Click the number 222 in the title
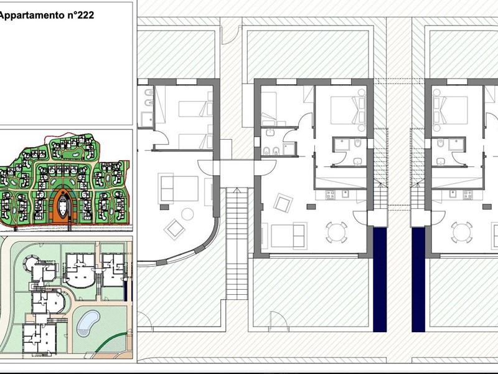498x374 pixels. pos(85,15)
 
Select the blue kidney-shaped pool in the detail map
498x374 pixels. pos(88,323)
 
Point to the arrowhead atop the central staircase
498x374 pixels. pos(237,190)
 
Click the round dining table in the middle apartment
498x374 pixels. pos(337,232)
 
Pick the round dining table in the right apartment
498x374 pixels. pos(461,232)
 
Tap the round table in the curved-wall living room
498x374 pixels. pos(188,214)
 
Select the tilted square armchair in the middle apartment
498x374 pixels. pos(283,203)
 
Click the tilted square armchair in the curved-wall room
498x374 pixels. pos(174,229)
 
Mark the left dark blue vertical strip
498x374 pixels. pos(380,279)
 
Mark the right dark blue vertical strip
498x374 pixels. pos(418,279)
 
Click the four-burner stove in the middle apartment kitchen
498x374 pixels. pos(331,194)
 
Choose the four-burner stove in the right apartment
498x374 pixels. pos(468,194)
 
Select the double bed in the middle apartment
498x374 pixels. pos(348,110)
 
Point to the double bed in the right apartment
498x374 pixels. pos(450,110)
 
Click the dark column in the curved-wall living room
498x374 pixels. pos(164,207)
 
